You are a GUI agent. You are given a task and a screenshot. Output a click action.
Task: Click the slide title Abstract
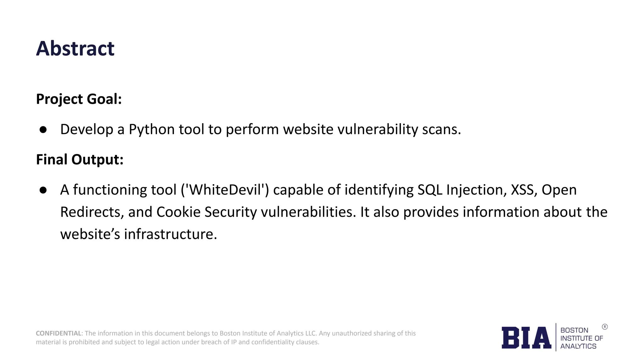pyautogui.click(x=75, y=49)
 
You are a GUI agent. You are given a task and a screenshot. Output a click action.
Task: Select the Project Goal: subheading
pyautogui.click(x=79, y=99)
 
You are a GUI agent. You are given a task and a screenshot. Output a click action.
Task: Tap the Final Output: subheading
pyautogui.click(x=80, y=159)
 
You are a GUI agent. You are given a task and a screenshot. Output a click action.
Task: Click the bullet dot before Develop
pyautogui.click(x=43, y=129)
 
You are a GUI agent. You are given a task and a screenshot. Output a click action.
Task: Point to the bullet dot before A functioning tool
pyautogui.click(x=43, y=190)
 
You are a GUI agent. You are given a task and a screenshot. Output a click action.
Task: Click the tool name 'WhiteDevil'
pyautogui.click(x=225, y=190)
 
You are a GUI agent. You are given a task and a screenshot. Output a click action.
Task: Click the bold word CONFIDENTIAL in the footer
pyautogui.click(x=59, y=333)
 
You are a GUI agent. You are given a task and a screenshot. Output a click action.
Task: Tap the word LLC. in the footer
pyautogui.click(x=310, y=333)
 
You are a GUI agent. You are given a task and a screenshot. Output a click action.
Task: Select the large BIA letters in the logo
pyautogui.click(x=526, y=338)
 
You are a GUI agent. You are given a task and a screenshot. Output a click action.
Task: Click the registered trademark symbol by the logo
pyautogui.click(x=605, y=327)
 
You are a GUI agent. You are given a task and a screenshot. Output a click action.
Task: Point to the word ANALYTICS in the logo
pyautogui.click(x=578, y=346)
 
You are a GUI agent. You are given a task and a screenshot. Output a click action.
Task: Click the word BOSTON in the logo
pyautogui.click(x=574, y=330)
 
